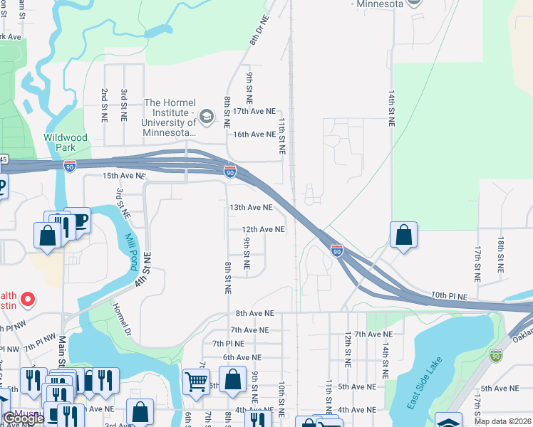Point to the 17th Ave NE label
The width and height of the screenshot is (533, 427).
pyautogui.click(x=254, y=111)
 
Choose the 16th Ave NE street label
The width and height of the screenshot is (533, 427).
pyautogui.click(x=254, y=134)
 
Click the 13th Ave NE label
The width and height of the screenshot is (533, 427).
pyautogui.click(x=250, y=207)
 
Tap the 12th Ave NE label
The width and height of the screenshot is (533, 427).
pyautogui.click(x=263, y=229)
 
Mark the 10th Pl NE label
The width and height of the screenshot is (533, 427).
pyautogui.click(x=449, y=295)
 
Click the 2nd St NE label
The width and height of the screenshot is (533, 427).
pyautogui.click(x=105, y=104)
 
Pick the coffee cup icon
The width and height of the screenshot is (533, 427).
pyautogui.click(x=77, y=220)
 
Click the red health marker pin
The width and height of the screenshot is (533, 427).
pyautogui.click(x=28, y=300)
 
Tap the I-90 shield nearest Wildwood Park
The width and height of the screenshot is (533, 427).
pyautogui.click(x=70, y=166)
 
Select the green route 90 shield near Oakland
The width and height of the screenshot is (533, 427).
pyautogui.click(x=496, y=354)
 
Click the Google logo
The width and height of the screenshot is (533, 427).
pyautogui.click(x=24, y=418)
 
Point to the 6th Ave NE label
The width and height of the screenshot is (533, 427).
pyautogui.click(x=242, y=357)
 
